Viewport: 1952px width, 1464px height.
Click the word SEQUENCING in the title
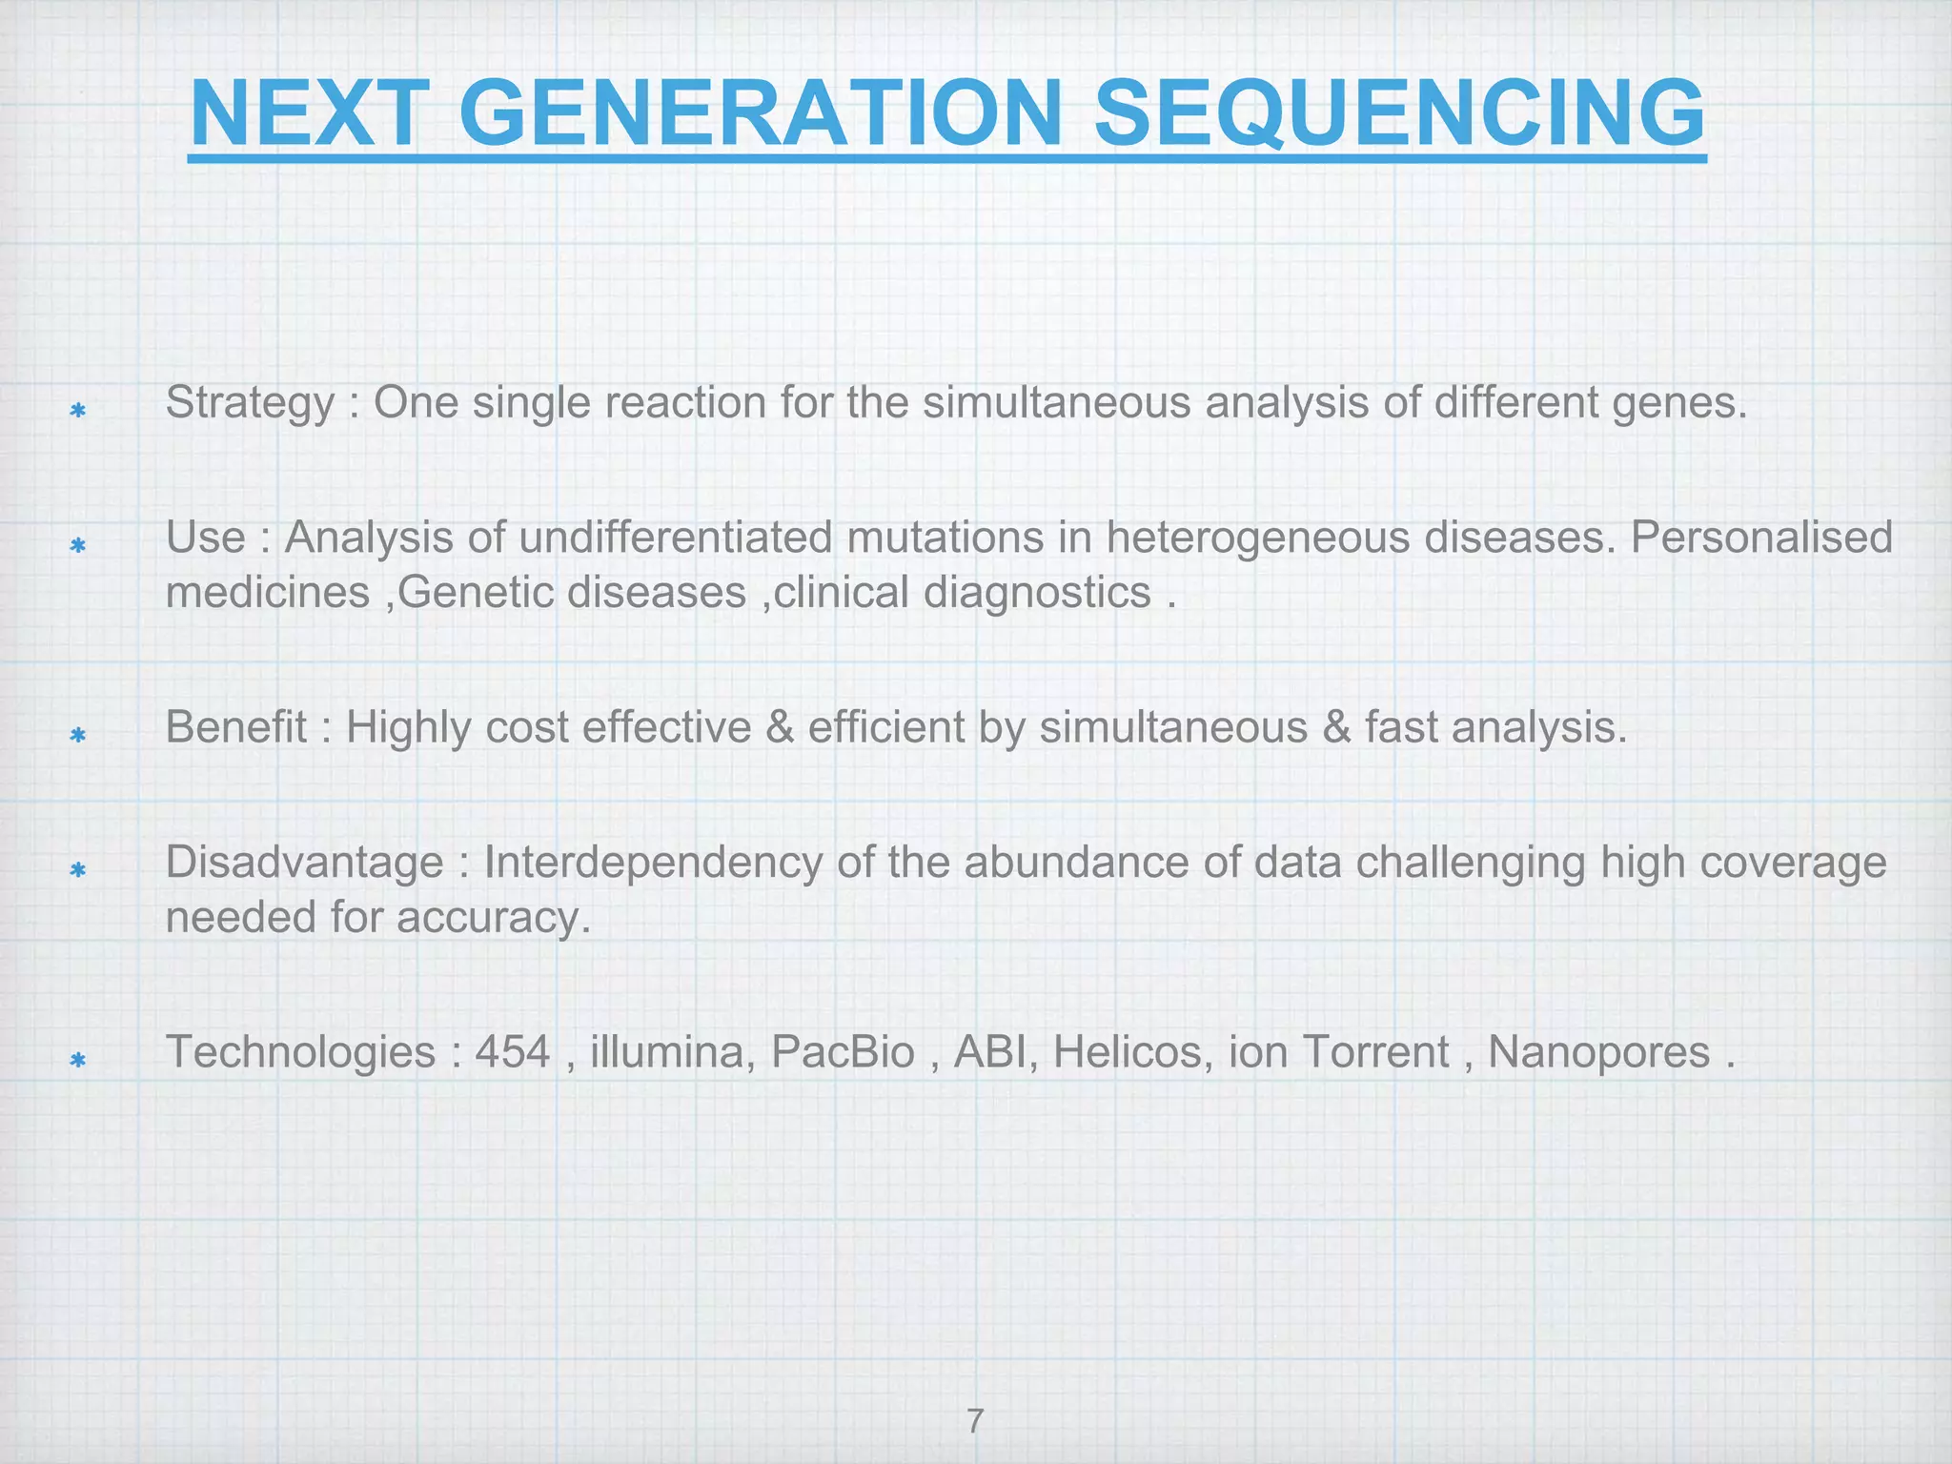1398,113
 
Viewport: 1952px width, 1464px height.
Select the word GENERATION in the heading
760,113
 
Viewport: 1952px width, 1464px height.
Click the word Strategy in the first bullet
250,404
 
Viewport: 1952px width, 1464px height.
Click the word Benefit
236,728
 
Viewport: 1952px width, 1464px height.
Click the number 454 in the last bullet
513,1053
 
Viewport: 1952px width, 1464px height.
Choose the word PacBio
843,1053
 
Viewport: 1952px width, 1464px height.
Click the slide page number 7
975,1394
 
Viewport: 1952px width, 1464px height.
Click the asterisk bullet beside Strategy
78,411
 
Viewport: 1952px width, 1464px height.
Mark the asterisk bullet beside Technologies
78,1060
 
